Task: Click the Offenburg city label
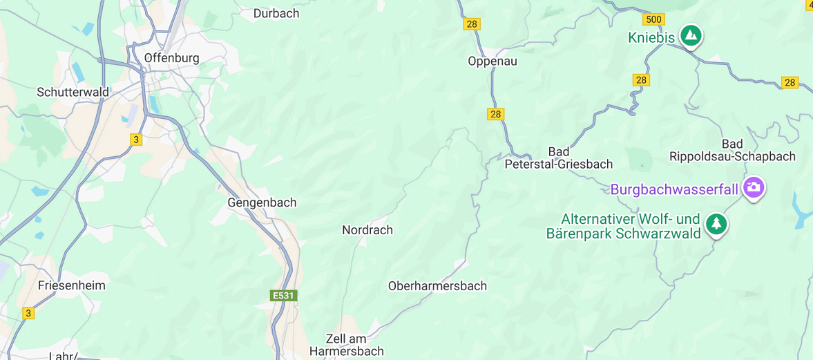(171, 58)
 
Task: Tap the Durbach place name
(276, 13)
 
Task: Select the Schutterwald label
(73, 92)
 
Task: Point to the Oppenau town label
(492, 61)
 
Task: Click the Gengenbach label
(262, 202)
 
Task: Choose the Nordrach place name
(367, 230)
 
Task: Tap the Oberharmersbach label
(437, 285)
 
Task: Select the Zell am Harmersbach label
(346, 345)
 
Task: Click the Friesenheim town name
(72, 285)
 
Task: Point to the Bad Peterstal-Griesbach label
(559, 158)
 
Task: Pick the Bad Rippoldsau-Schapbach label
(732, 151)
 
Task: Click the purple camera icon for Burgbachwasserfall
(754, 187)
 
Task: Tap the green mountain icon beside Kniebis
(690, 35)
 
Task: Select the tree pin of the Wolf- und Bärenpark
(717, 223)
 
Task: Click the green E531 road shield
(283, 295)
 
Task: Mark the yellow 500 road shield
(653, 19)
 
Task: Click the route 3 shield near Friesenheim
(28, 313)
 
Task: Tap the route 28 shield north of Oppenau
(472, 24)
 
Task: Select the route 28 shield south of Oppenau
(495, 114)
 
